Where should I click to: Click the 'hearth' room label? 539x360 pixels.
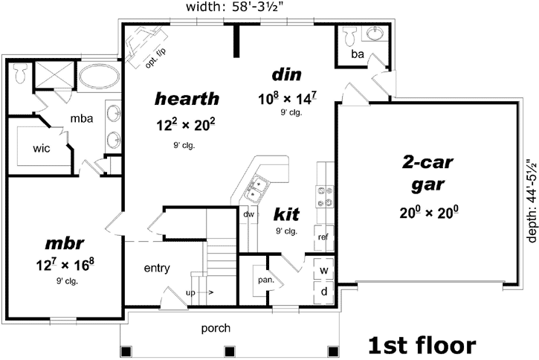pyautogui.click(x=187, y=98)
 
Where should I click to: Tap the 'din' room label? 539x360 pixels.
pyautogui.click(x=285, y=74)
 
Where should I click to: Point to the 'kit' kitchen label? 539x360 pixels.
pyautogui.click(x=286, y=215)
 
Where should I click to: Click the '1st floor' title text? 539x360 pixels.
pyautogui.click(x=422, y=344)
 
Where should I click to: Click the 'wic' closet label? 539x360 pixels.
pyautogui.click(x=41, y=147)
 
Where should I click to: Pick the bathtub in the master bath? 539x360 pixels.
pyautogui.click(x=100, y=76)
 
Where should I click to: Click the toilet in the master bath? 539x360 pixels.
pyautogui.click(x=21, y=73)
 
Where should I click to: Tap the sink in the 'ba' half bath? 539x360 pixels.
pyautogui.click(x=375, y=35)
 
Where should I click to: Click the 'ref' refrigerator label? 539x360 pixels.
pyautogui.click(x=323, y=237)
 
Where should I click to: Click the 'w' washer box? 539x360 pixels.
pyautogui.click(x=324, y=270)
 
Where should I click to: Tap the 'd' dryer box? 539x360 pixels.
pyautogui.click(x=324, y=292)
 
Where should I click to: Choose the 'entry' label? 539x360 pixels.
pyautogui.click(x=157, y=268)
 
